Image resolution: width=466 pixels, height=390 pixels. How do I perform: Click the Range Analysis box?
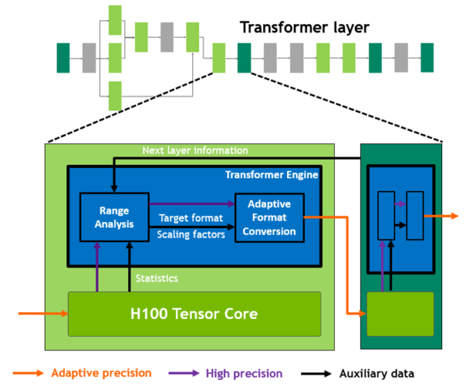[114, 217]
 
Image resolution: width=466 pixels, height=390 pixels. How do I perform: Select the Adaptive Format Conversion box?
[269, 218]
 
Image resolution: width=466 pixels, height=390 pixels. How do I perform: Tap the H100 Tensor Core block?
[194, 314]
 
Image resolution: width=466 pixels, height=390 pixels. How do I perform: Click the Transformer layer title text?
[305, 28]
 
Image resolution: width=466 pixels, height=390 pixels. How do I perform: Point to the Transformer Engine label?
[272, 175]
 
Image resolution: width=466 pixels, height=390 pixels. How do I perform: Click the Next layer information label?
[195, 151]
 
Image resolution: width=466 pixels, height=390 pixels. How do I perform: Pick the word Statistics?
[157, 279]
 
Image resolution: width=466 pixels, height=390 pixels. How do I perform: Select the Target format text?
[191, 218]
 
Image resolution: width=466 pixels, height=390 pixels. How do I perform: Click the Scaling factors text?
[191, 234]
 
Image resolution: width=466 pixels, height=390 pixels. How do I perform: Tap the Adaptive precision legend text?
[101, 373]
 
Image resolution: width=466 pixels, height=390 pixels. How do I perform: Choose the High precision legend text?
[244, 374]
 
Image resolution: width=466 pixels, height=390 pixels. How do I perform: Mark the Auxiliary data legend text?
[376, 374]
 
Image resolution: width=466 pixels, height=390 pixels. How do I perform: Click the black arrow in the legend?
[316, 374]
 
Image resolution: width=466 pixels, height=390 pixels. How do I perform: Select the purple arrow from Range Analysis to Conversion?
[191, 203]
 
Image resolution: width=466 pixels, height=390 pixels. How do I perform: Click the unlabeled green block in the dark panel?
[400, 314]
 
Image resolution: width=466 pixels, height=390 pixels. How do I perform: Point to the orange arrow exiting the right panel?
[441, 216]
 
